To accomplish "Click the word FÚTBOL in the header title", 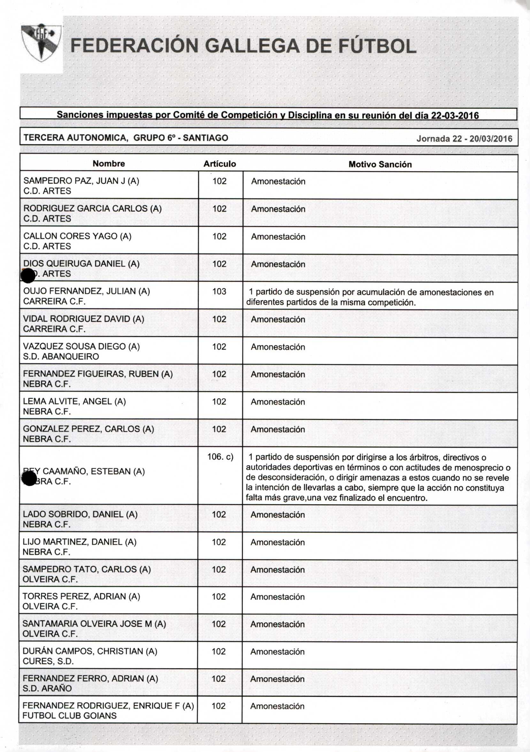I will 377,46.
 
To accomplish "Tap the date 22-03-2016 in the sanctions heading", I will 455,116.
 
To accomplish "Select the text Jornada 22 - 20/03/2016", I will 464,139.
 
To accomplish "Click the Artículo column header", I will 219,164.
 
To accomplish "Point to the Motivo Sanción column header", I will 380,164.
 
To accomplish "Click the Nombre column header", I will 109,163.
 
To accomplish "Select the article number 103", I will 219,291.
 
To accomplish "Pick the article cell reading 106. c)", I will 220,456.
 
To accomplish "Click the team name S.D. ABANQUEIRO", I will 61,356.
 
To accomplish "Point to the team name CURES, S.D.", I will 48,661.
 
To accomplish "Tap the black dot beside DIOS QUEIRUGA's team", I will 28,275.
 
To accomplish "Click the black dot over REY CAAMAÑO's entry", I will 29,479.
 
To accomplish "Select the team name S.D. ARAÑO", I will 47,688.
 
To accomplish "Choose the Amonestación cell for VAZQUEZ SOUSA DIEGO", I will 278,347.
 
